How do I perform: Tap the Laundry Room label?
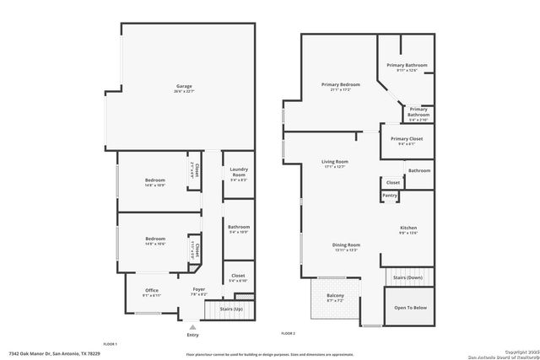pyautogui.click(x=238, y=173)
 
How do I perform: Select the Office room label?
pyautogui.click(x=151, y=291)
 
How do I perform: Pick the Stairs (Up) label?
pyautogui.click(x=232, y=310)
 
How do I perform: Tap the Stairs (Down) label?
pyautogui.click(x=409, y=277)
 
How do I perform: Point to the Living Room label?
pyautogui.click(x=335, y=162)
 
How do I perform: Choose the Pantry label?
pyautogui.click(x=390, y=196)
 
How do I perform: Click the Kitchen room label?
pyautogui.click(x=408, y=228)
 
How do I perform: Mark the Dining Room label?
pyautogui.click(x=346, y=245)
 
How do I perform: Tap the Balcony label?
pyautogui.click(x=337, y=297)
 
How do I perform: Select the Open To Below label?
pyautogui.click(x=411, y=308)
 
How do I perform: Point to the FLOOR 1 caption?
pyautogui.click(x=110, y=345)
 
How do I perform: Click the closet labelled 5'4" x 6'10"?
pyautogui.click(x=238, y=277)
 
